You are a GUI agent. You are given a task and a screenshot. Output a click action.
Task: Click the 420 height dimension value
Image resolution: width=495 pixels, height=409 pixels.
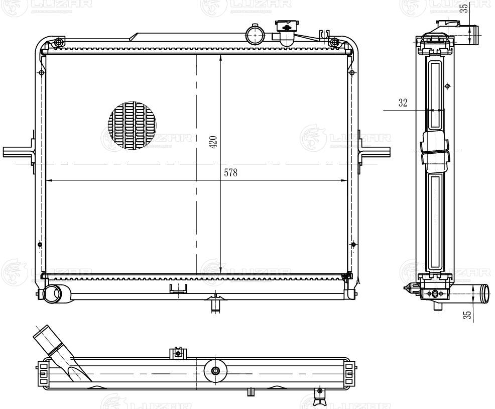pyautogui.click(x=213, y=142)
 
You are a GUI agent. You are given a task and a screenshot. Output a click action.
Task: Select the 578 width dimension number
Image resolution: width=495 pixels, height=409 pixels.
pyautogui.click(x=230, y=173)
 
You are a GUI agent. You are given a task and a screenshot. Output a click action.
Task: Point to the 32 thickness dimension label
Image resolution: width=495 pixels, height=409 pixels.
pyautogui.click(x=403, y=103)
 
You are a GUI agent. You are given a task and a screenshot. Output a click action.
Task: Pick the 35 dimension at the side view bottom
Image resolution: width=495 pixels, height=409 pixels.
pyautogui.click(x=467, y=315)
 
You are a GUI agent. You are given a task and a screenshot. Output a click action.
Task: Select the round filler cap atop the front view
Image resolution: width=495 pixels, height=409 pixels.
pyautogui.click(x=255, y=35)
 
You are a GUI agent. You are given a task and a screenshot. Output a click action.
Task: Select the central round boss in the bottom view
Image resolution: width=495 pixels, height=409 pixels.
pyautogui.click(x=216, y=371)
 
